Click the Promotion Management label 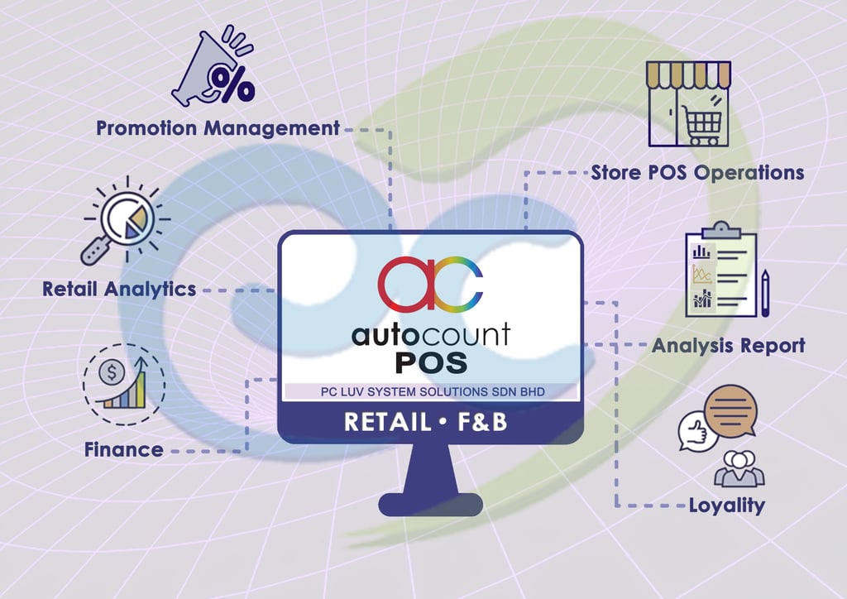218,128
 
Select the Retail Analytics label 119,289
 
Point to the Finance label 123,450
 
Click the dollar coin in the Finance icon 111,373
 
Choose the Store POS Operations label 697,173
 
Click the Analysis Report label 728,345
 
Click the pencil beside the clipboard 767,290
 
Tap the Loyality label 727,505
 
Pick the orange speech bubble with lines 730,409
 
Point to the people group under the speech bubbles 739,467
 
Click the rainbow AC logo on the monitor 430,282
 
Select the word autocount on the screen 430,334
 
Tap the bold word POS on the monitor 430,363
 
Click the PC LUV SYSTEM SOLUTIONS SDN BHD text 430,391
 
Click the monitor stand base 430,503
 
